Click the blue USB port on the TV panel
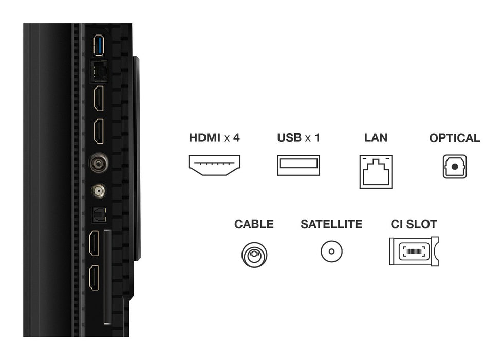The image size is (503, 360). click(98, 46)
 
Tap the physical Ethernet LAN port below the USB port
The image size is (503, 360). click(98, 71)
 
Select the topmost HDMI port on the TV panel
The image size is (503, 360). click(98, 98)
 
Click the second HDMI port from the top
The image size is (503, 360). click(98, 132)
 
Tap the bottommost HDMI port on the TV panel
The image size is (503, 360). click(95, 278)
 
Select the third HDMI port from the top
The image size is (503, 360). click(95, 244)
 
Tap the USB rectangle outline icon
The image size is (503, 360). click(298, 165)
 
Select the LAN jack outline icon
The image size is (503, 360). click(376, 171)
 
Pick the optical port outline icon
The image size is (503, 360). click(454, 167)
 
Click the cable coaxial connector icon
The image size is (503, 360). click(254, 254)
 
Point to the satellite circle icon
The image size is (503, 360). click(331, 252)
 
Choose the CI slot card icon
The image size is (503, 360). click(413, 251)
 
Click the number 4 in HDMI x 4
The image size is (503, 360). click(236, 138)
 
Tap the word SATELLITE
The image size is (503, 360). click(331, 224)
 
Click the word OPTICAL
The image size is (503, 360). click(454, 138)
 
